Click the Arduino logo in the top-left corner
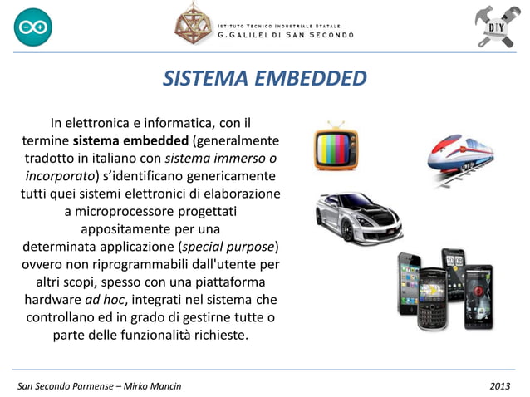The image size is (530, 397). click(x=32, y=27)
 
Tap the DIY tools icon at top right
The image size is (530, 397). click(x=495, y=27)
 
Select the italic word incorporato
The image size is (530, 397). click(x=61, y=175)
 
